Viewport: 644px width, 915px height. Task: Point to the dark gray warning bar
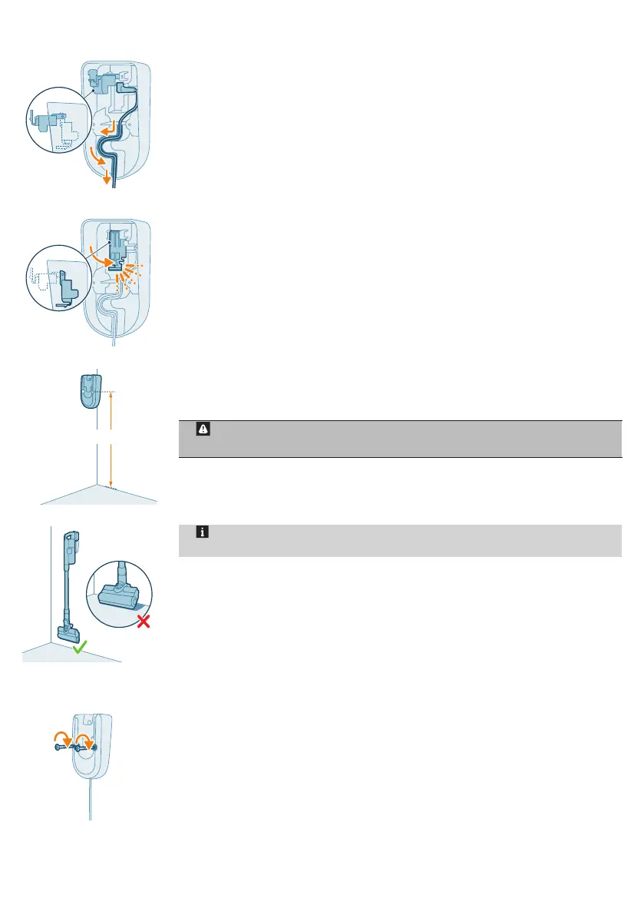pos(399,439)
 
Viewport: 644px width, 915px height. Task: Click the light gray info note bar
pos(399,541)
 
